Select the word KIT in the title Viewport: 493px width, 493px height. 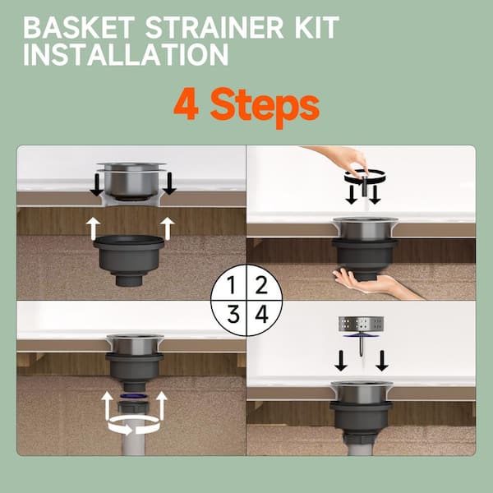click(316, 27)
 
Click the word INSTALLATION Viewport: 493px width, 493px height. click(126, 54)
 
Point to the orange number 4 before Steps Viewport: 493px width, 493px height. click(187, 104)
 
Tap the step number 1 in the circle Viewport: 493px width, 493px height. click(232, 285)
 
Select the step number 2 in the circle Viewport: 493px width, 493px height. click(261, 285)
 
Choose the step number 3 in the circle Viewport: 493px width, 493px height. click(233, 314)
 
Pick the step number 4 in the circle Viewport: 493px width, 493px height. click(261, 314)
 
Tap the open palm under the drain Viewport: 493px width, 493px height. click(362, 282)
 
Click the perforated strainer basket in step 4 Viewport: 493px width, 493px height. click(362, 324)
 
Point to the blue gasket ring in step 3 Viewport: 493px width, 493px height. click(135, 395)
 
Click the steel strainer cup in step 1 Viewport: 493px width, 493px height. click(131, 180)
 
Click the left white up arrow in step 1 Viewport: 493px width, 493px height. click(94, 228)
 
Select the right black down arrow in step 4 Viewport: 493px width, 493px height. click(382, 361)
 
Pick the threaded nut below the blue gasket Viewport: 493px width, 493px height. click(135, 407)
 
